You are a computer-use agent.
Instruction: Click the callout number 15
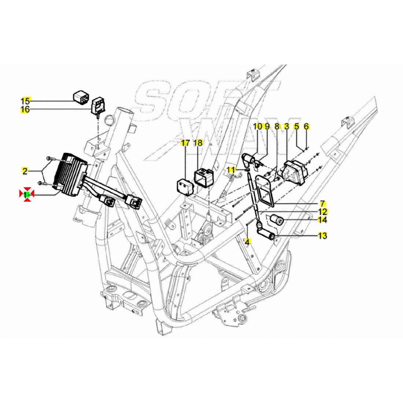click(x=25, y=100)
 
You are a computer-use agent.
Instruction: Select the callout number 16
click(x=25, y=110)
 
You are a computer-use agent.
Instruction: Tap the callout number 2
click(x=25, y=171)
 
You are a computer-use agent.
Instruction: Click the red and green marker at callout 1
click(x=27, y=194)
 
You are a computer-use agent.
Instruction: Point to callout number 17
click(x=185, y=143)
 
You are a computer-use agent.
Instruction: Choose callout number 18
click(x=198, y=143)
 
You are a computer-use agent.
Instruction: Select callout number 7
click(x=323, y=203)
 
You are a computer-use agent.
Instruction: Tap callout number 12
click(x=323, y=211)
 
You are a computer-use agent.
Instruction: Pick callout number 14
click(x=323, y=220)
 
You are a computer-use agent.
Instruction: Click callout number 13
click(x=323, y=236)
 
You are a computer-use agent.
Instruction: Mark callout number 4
click(x=248, y=241)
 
